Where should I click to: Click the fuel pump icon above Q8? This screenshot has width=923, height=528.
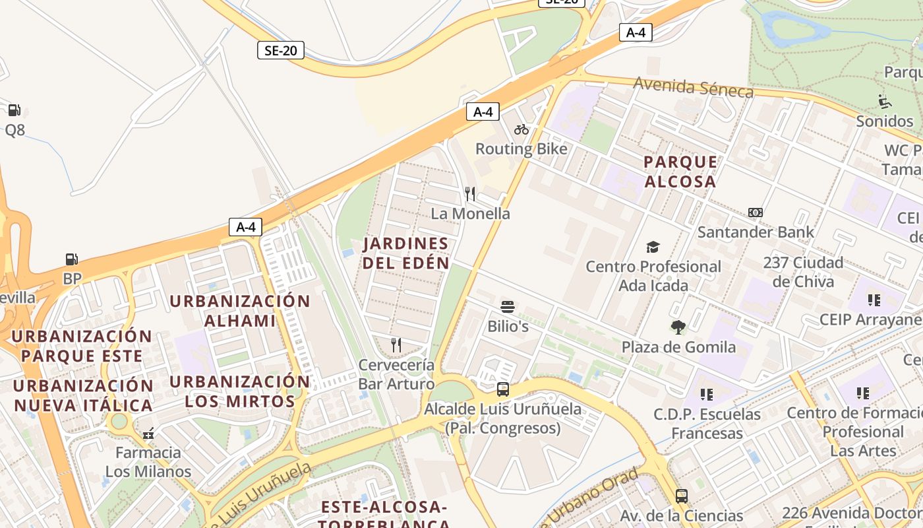tap(14, 110)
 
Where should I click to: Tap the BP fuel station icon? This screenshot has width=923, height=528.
tap(72, 259)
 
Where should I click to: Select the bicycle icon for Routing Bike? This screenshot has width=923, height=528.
tap(521, 129)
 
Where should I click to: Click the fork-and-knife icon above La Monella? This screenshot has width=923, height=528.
tap(470, 194)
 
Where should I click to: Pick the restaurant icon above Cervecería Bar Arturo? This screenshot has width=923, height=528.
tap(396, 345)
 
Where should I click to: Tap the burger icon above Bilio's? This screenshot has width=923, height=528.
tap(508, 306)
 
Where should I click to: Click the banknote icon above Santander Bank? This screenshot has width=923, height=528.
tap(756, 213)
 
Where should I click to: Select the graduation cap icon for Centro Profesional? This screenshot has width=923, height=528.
tap(653, 247)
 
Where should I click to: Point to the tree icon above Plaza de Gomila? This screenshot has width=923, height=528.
tap(678, 327)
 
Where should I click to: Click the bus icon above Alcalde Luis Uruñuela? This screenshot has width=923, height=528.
tap(503, 389)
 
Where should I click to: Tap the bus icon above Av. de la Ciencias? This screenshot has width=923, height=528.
tap(682, 496)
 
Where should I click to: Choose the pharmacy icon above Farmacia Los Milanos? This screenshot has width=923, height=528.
tap(149, 434)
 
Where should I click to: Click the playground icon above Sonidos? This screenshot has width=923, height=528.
tap(885, 102)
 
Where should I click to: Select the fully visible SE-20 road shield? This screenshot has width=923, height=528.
tap(281, 50)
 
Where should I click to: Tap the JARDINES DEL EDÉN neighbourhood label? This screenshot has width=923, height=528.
tap(406, 253)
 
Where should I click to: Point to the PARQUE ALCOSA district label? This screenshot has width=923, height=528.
tap(680, 172)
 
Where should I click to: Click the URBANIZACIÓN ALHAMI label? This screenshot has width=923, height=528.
tap(240, 311)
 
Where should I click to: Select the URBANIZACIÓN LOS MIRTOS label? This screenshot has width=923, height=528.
tap(240, 391)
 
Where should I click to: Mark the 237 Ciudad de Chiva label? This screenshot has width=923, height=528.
tap(803, 272)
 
